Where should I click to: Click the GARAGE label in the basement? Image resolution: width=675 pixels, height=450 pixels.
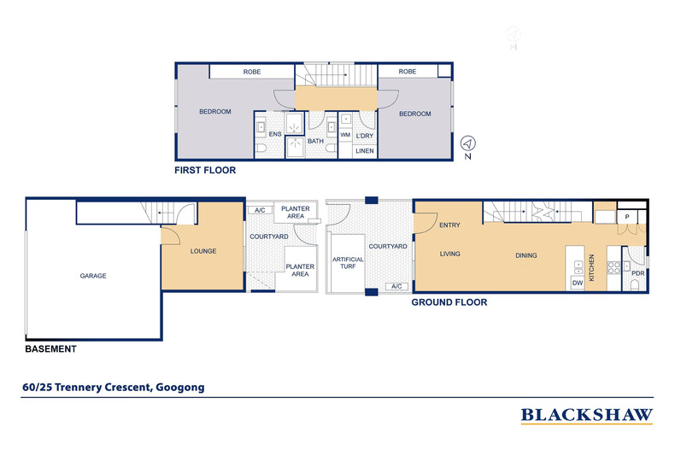coord(93,276)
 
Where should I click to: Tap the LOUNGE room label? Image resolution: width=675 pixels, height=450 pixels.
coord(203,251)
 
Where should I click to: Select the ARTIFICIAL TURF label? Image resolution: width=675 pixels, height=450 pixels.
coord(348,263)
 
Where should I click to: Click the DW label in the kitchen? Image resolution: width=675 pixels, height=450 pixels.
coord(578,283)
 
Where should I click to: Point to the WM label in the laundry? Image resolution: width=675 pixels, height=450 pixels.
coord(345,135)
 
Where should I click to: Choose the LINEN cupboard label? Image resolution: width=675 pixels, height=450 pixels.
coord(365,151)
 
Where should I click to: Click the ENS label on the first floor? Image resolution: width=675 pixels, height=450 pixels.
coord(275,134)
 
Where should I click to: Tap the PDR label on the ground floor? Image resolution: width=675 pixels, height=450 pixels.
coord(638,273)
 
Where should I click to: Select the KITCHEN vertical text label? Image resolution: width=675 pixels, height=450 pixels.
coord(591,267)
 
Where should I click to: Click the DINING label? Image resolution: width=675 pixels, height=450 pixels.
coord(526,255)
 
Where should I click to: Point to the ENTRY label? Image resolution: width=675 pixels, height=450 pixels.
coord(449,225)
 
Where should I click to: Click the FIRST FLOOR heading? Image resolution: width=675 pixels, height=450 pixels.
coord(205,171)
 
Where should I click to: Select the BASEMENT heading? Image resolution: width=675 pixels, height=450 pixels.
coord(50,349)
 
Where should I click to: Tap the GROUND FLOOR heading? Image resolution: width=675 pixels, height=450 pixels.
coord(449,302)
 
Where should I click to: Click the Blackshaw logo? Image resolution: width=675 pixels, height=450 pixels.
coord(587,416)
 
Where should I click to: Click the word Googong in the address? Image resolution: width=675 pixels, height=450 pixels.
coord(180,388)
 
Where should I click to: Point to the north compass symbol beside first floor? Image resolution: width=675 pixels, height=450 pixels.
coord(468,143)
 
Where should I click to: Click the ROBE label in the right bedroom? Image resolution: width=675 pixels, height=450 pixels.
coord(408,72)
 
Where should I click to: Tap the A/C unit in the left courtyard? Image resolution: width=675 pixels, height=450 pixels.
coord(260,210)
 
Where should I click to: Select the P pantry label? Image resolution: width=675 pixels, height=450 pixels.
coord(627,217)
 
